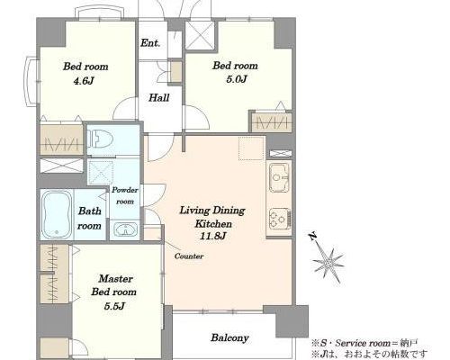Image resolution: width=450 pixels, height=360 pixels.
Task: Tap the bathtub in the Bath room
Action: coord(57,213)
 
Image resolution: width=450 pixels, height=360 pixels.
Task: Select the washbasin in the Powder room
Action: coord(126,230)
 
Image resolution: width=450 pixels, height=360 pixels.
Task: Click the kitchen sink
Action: coord(279,177)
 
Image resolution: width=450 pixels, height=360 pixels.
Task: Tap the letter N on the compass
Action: coord(313,237)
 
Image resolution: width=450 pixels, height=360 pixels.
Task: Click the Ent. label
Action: coord(150,43)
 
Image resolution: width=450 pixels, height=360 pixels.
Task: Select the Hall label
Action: coord(159,97)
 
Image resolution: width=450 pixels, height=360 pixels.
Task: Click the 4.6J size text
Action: coord(85,80)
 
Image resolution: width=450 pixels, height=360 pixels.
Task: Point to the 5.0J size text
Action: coord(236,79)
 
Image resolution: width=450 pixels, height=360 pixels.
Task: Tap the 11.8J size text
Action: coord(212,237)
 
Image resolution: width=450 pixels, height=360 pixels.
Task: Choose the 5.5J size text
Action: coord(114,306)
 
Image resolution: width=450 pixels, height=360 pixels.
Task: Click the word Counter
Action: coord(189,256)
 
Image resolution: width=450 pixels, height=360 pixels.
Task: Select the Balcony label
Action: coord(229,337)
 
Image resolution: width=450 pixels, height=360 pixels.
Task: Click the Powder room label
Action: coord(125,195)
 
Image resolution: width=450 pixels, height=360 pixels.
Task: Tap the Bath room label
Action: coord(89,219)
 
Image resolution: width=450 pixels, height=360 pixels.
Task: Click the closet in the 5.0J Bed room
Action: coord(271,121)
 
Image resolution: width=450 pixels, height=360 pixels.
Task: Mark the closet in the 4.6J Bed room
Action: coord(61,139)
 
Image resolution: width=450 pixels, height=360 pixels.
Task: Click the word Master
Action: coord(116,279)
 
